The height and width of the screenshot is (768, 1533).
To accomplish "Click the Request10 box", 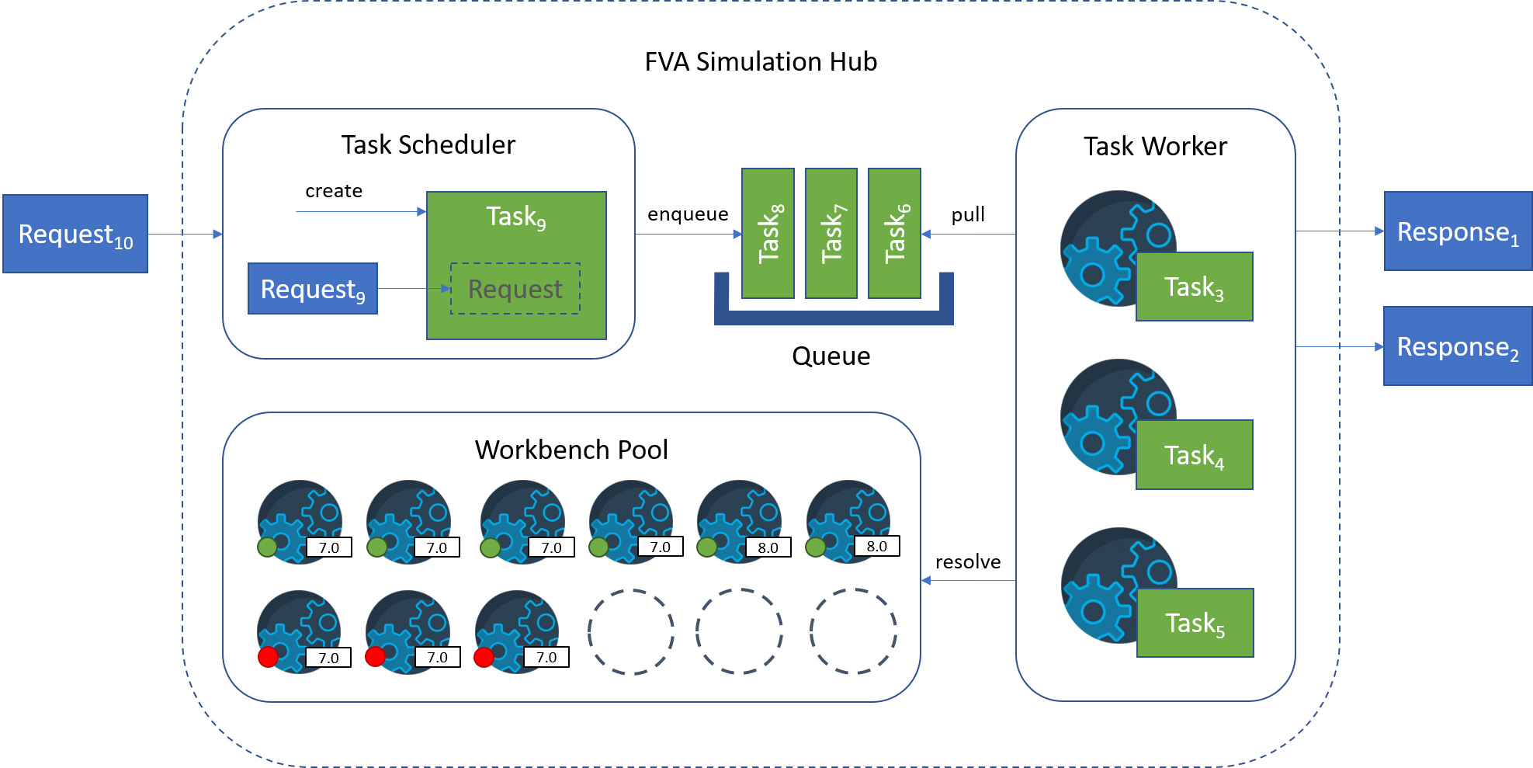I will pyautogui.click(x=75, y=234).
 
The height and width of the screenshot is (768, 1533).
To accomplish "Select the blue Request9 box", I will pyautogui.click(x=313, y=289).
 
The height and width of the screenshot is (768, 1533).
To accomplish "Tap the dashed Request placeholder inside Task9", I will pyautogui.click(x=515, y=289).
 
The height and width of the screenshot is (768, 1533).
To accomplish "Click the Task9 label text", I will pyautogui.click(x=515, y=217).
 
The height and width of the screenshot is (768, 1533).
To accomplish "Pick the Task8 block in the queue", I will pyautogui.click(x=768, y=234).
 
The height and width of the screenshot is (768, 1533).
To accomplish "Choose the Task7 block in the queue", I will pyautogui.click(x=831, y=234).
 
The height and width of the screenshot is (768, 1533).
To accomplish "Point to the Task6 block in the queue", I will pyautogui.click(x=895, y=234).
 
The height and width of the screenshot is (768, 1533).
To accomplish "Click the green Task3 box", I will pyautogui.click(x=1195, y=287).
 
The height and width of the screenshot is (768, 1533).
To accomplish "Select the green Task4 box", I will pyautogui.click(x=1195, y=455).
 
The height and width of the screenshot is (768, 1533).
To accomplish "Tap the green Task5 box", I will pyautogui.click(x=1195, y=623).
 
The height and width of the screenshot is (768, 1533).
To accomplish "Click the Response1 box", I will pyautogui.click(x=1458, y=231).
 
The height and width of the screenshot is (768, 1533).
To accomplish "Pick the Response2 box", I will pyautogui.click(x=1458, y=346).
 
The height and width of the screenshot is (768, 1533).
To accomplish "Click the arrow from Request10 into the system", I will pyautogui.click(x=185, y=234).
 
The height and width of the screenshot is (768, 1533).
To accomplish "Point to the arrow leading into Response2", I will pyautogui.click(x=1340, y=346).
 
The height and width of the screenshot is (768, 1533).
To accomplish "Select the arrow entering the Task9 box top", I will pyautogui.click(x=361, y=211).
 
